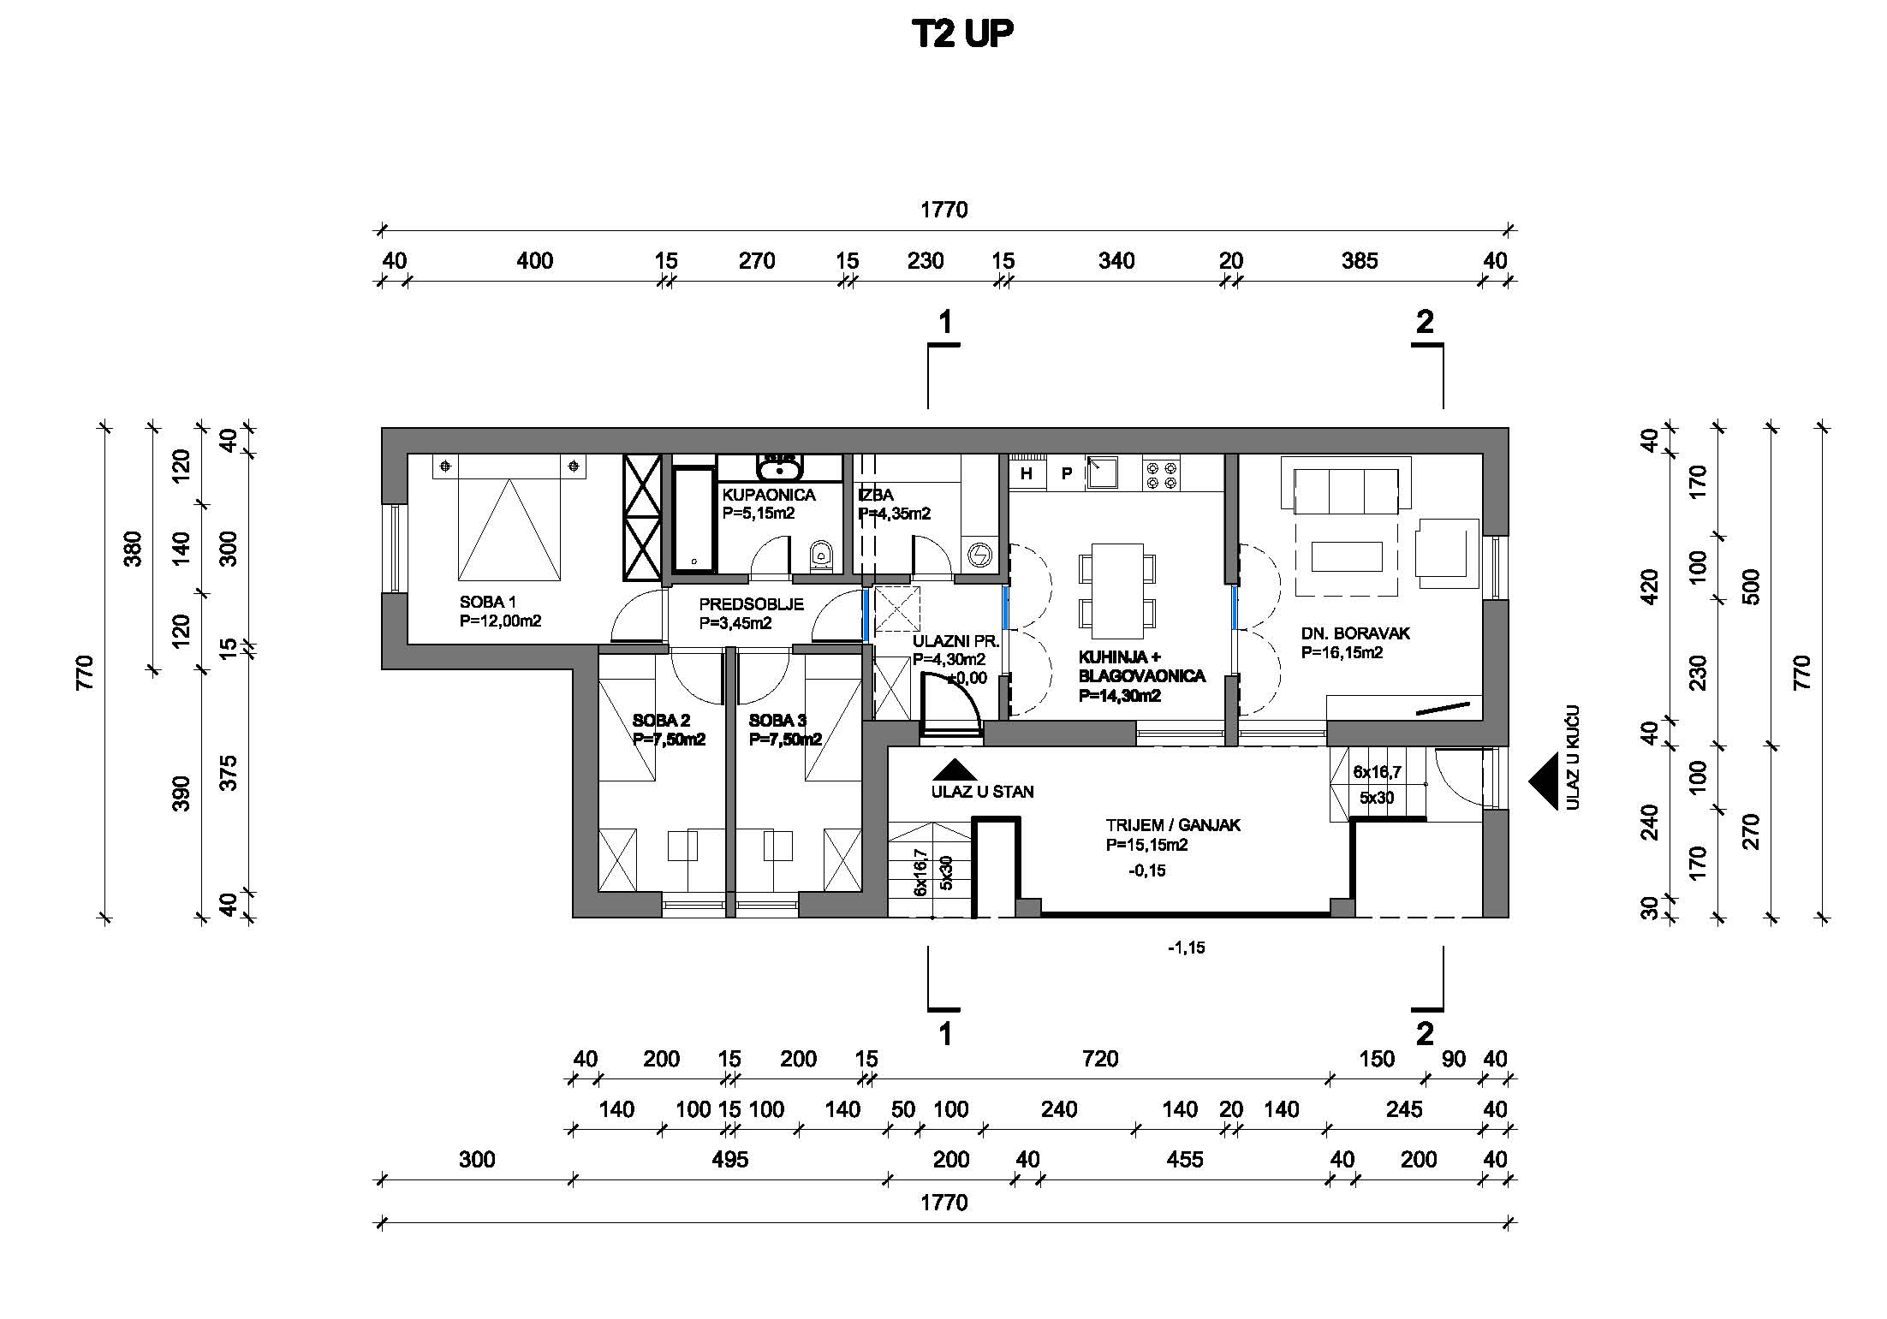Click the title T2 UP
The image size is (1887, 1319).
coord(962,34)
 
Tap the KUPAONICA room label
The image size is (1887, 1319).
coord(768,495)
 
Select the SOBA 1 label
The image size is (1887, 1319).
coord(487,603)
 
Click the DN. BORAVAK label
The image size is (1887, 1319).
coord(1355,633)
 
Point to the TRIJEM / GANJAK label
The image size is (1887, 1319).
coord(1172,825)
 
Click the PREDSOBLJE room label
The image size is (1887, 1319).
coord(751,604)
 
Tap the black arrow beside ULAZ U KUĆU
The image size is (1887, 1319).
coord(1544,781)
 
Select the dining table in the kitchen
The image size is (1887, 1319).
coord(1116,591)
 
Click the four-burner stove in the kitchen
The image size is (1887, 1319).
coord(1161,475)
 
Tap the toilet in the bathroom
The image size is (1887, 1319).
coord(821,557)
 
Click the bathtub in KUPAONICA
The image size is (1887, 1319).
coord(693,518)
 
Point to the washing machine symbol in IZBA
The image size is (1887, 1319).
coord(979,556)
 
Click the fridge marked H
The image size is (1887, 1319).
coord(1026,473)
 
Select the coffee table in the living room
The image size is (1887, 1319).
coord(1346,556)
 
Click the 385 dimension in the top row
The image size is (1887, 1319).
coord(1359,260)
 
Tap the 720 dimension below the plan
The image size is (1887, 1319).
coord(1099,1059)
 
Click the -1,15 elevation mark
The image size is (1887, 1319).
coord(1186,948)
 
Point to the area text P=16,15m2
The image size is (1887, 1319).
coord(1342,653)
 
